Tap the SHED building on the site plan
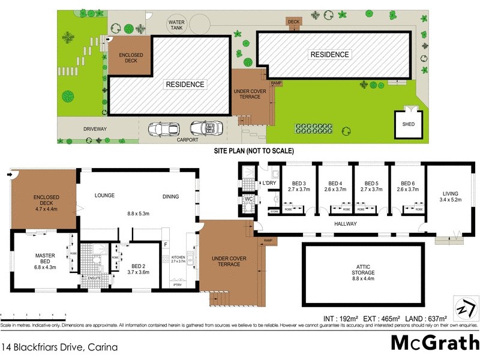tap(407, 124)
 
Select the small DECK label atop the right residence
tap(293, 22)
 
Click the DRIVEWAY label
tap(95, 129)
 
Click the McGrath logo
tap(434, 343)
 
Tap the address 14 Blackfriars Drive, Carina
tap(59, 347)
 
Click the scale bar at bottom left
tap(33, 316)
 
